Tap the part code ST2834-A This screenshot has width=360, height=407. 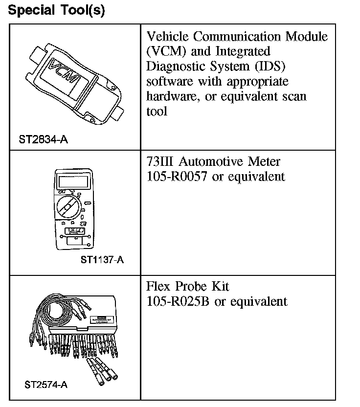(x=43, y=140)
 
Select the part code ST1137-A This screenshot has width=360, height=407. (x=102, y=260)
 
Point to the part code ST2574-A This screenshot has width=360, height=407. (x=45, y=384)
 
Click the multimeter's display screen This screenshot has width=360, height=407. (x=72, y=182)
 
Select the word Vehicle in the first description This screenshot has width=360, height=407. (x=170, y=37)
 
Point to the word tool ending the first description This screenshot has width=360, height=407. (x=157, y=111)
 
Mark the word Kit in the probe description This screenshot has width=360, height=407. (x=219, y=286)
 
